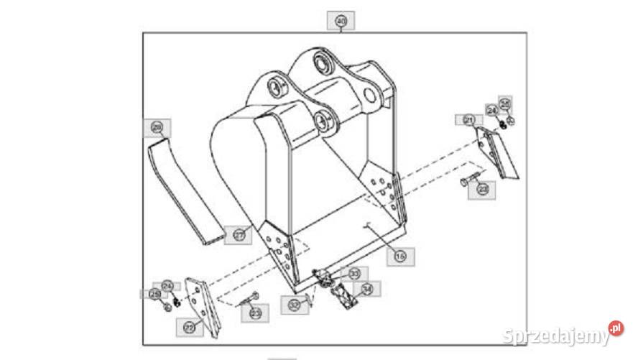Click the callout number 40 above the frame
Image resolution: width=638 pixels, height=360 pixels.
tap(341, 22)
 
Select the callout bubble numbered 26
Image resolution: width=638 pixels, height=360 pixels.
tap(157, 127)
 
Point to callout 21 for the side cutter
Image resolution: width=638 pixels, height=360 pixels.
tap(469, 119)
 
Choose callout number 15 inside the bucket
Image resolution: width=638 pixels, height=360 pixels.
tap(400, 254)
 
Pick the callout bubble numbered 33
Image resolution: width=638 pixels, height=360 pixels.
tap(353, 274)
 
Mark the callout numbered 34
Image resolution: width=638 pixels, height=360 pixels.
tap(367, 290)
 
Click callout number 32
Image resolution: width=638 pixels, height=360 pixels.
tap(295, 304)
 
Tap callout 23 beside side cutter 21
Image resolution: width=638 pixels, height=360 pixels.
tap(483, 189)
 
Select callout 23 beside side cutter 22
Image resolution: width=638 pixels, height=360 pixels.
tap(255, 312)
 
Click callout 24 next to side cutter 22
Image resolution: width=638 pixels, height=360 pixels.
tap(167, 285)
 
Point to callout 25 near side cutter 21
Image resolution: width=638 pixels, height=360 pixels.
tap(505, 104)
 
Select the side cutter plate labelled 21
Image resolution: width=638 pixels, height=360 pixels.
tap(500, 152)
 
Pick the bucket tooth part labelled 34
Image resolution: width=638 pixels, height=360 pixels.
tap(342, 295)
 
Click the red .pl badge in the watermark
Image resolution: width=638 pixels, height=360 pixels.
tap(616, 329)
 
